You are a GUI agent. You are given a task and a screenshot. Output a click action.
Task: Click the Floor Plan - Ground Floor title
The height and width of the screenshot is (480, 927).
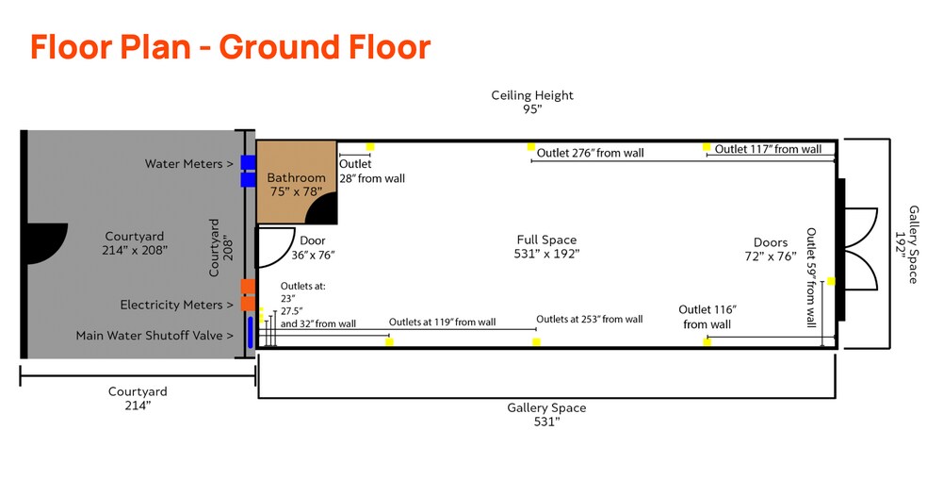coord(230,46)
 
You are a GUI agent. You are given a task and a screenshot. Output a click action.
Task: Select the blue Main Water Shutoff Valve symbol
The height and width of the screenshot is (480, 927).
coord(250,334)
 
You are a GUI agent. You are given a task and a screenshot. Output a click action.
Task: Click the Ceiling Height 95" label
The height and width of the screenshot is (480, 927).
coord(532,102)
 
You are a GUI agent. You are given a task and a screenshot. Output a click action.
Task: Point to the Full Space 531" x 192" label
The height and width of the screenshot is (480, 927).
coord(546,246)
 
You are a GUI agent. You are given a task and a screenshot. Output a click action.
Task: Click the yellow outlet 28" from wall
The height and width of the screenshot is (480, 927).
coord(370,147)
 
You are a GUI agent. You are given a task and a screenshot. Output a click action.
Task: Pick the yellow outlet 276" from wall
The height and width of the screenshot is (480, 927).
coord(531,147)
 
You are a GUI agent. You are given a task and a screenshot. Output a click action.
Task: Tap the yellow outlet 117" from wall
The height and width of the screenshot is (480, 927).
coord(706,147)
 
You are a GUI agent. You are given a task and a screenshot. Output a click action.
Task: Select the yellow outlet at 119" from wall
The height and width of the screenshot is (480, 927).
coord(389,341)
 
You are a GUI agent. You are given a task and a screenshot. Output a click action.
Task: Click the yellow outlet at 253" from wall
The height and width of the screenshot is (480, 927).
coord(536,341)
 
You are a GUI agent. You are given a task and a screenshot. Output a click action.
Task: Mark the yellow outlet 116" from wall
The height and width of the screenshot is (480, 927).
coord(707,341)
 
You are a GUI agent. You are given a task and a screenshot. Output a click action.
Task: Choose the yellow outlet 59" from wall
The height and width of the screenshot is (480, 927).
coord(831,281)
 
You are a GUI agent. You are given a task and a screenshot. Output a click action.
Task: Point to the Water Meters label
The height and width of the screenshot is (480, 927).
coord(188,164)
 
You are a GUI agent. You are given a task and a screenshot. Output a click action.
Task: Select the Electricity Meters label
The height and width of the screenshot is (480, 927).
coord(176,305)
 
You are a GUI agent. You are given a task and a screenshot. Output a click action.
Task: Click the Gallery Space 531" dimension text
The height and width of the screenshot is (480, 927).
coord(546,415)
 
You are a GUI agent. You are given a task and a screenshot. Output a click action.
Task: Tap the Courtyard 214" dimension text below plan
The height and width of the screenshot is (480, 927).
coord(138,398)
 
